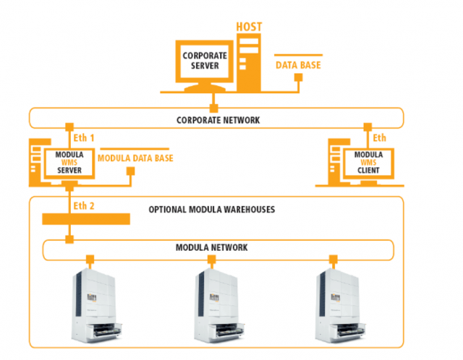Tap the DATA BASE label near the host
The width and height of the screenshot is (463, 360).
pyautogui.click(x=298, y=65)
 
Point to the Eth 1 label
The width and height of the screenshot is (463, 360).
pyautogui.click(x=85, y=137)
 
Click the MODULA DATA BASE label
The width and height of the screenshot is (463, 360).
pyautogui.click(x=135, y=158)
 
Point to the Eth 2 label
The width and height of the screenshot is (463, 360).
pyautogui.click(x=85, y=206)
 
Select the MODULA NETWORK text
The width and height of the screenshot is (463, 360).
pyautogui.click(x=212, y=247)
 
